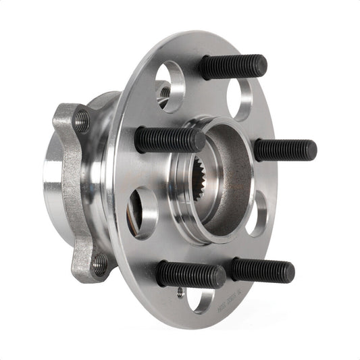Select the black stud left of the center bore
[169, 140]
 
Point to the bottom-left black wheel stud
[190, 274]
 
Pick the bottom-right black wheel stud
[261, 271]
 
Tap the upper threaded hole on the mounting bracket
[81, 121]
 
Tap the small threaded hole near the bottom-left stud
[180, 292]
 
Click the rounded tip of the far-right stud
[311, 150]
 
